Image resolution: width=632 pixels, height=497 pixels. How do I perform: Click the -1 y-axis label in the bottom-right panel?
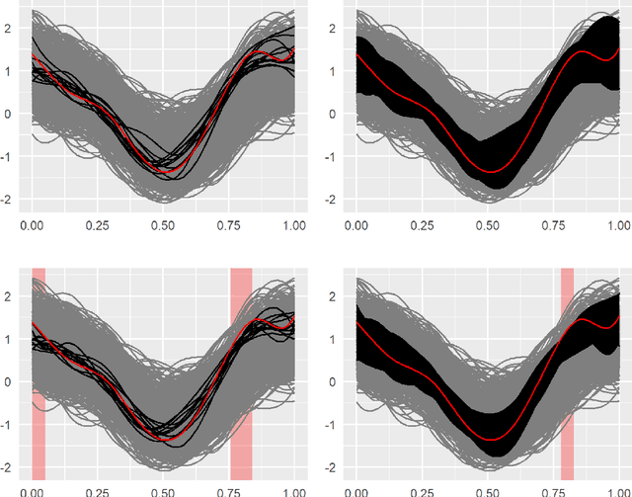339,425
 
